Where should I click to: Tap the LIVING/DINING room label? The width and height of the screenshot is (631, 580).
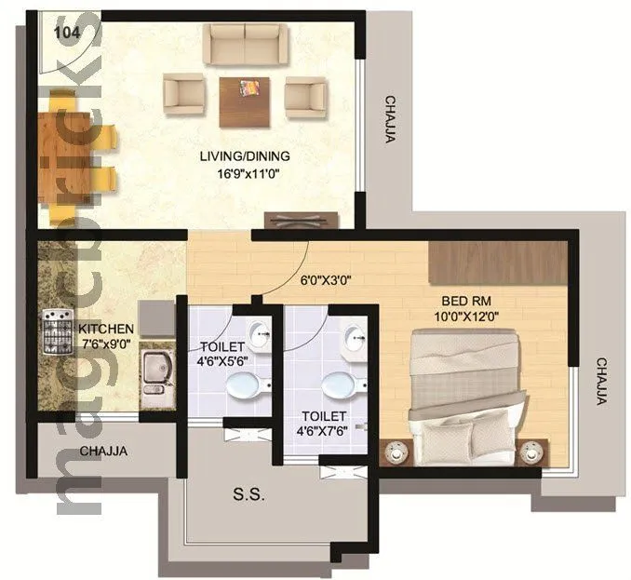[x=245, y=155]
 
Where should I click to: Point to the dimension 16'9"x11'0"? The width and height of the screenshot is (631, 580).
[x=245, y=173]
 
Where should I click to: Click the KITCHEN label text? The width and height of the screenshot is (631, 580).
[x=105, y=330]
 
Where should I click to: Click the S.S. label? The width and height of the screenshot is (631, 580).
[x=249, y=495]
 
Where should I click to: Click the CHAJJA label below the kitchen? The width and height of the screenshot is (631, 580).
[x=102, y=452]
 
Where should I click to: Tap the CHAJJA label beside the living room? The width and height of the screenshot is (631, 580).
[x=391, y=121]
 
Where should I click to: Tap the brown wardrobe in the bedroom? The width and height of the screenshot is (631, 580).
[x=498, y=263]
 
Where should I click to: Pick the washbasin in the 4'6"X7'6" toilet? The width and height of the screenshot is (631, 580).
[x=355, y=340]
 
